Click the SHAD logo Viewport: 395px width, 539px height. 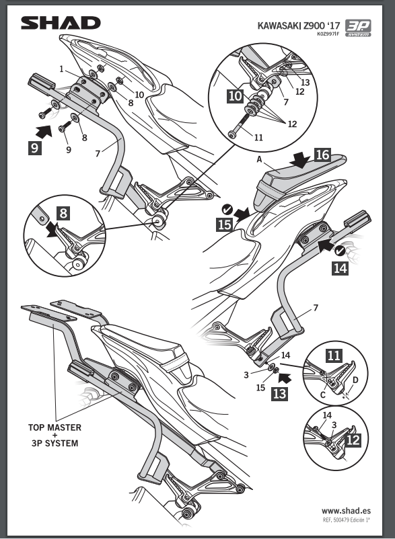[x=61, y=23]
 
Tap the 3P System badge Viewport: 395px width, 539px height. [x=358, y=28]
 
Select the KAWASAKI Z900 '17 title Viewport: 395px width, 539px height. [x=299, y=26]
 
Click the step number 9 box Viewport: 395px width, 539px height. [x=35, y=148]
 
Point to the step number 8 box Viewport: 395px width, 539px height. [x=64, y=214]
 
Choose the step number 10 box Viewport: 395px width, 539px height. [x=236, y=96]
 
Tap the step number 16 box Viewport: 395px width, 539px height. [x=322, y=155]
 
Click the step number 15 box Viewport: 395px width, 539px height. [x=225, y=225]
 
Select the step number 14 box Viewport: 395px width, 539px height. [x=340, y=268]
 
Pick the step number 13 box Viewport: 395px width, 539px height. [x=279, y=394]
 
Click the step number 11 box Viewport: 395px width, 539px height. [x=334, y=356]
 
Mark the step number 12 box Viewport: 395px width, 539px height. [x=353, y=440]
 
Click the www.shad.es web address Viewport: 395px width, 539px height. [x=346, y=511]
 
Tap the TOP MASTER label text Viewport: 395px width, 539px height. [x=55, y=427]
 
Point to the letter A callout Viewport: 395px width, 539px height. [x=259, y=159]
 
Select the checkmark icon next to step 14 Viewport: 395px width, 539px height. [x=340, y=251]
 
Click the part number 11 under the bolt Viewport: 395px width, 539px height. [x=258, y=138]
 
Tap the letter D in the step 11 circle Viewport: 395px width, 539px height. [x=355, y=380]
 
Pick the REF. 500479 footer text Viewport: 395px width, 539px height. [x=346, y=520]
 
